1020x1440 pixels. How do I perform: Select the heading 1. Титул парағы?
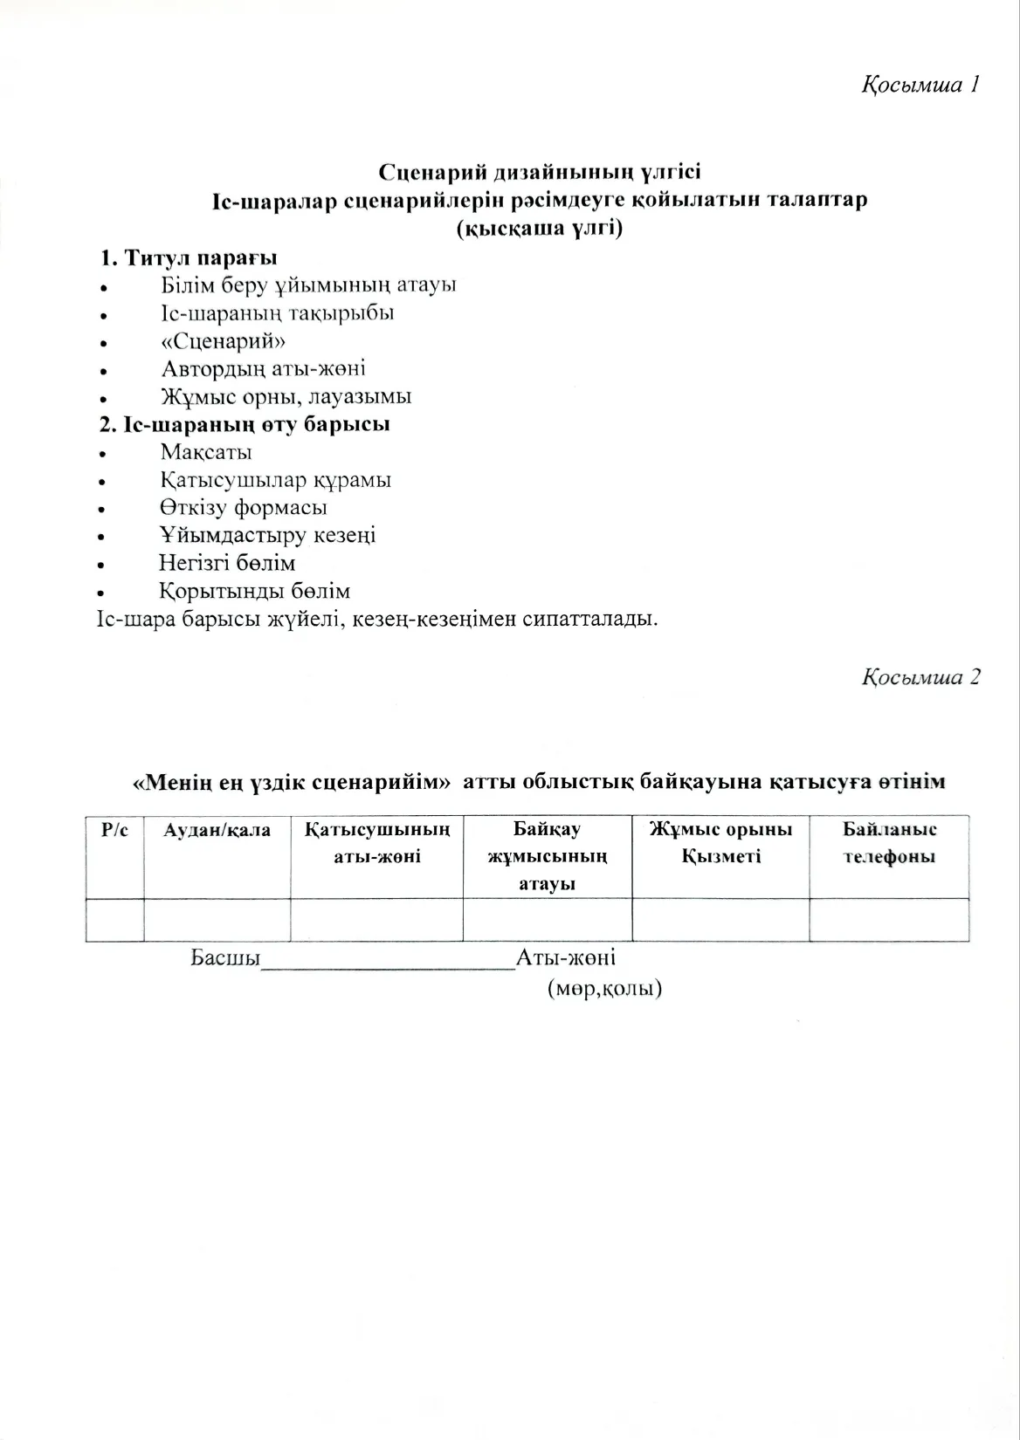click(x=188, y=258)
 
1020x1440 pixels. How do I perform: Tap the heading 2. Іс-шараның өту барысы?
click(x=244, y=425)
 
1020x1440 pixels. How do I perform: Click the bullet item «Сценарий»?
click(x=224, y=341)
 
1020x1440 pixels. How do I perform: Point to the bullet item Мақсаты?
click(x=206, y=453)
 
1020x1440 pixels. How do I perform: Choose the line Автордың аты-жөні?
click(x=263, y=369)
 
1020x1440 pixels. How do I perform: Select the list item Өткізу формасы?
click(x=244, y=508)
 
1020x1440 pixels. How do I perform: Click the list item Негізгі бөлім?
click(x=227, y=564)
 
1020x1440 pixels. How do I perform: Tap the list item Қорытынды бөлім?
click(x=254, y=592)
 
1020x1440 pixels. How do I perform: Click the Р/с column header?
click(x=114, y=830)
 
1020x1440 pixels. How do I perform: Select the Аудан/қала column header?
click(x=217, y=830)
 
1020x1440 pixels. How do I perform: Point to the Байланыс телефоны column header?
click(x=889, y=843)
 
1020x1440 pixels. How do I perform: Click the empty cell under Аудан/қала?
click(x=217, y=921)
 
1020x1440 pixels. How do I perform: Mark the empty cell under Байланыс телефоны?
click(x=889, y=921)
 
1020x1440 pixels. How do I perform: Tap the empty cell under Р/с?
click(x=114, y=921)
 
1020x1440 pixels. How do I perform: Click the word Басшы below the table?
click(x=226, y=958)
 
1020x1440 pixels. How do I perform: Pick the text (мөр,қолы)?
click(x=604, y=989)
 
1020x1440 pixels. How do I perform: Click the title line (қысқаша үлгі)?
click(x=539, y=230)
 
